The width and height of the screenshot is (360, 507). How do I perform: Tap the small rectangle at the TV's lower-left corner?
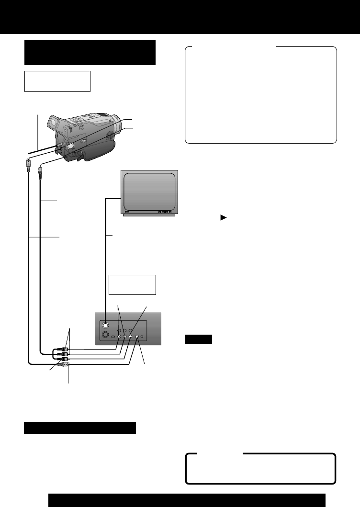pyautogui.click(x=127, y=212)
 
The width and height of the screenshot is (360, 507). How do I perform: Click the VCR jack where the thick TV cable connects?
pyautogui.click(x=105, y=324)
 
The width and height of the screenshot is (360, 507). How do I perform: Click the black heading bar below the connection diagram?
pyautogui.click(x=80, y=428)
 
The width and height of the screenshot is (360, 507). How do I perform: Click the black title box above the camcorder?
pyautogui.click(x=90, y=52)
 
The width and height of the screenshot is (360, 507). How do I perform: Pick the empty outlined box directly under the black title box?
pyautogui.click(x=57, y=81)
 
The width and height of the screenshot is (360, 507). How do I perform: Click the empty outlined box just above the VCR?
pyautogui.click(x=132, y=284)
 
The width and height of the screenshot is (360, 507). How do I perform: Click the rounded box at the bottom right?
pyautogui.click(x=260, y=468)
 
